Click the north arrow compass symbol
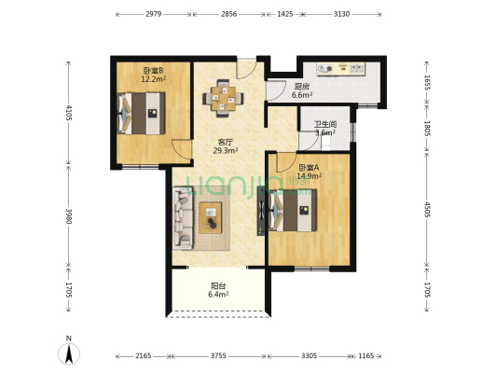[x=69, y=352]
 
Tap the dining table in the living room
[x=224, y=98]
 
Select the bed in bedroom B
[x=142, y=113]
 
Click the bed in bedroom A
[x=293, y=210]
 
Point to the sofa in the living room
[x=183, y=218]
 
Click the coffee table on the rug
[x=210, y=217]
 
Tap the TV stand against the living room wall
[x=261, y=211]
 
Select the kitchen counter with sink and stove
[x=341, y=69]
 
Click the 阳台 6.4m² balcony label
[x=218, y=290]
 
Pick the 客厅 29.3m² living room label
[x=226, y=146]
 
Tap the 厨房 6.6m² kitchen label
[x=302, y=90]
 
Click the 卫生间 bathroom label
[x=325, y=124]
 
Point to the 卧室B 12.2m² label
[x=154, y=75]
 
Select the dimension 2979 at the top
[x=154, y=14]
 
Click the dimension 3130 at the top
[x=341, y=14]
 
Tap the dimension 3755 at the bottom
[x=218, y=356]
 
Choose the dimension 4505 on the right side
[x=427, y=210]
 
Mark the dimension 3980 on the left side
[x=69, y=215]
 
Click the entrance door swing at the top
[x=246, y=68]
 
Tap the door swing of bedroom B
[x=182, y=148]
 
